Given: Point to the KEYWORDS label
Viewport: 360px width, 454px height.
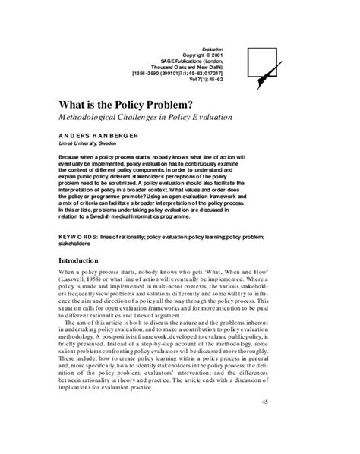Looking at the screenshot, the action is point(80,237).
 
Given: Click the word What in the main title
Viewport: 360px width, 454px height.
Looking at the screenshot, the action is point(74,105).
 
